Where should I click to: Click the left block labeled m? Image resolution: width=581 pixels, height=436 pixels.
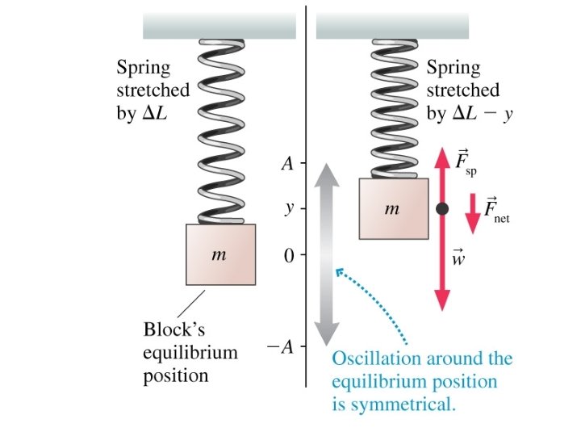point(221,255)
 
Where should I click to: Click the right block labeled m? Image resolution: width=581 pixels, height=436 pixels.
point(393,209)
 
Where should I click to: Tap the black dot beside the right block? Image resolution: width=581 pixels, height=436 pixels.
point(442,209)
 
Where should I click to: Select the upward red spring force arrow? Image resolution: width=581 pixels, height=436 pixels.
point(442,174)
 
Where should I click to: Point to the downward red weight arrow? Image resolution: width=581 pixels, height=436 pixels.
point(442,266)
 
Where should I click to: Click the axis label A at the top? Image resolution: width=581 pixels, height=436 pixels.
point(286,165)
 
